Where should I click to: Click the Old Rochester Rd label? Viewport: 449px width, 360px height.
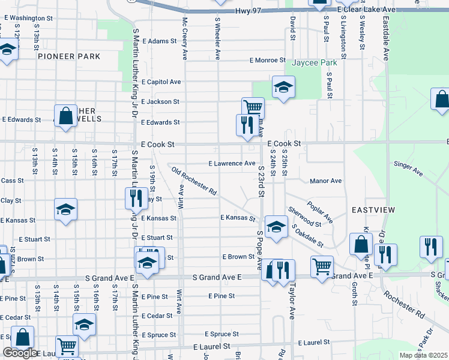194,182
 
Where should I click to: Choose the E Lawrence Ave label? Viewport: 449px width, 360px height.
232,163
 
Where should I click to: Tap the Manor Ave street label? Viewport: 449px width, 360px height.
325,181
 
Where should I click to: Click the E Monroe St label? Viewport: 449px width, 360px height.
268,60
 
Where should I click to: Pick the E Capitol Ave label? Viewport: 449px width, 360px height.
161,82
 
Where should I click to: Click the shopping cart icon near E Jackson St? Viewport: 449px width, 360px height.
253,107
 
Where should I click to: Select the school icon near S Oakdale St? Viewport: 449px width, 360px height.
276,227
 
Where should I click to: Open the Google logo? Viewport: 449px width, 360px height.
20,353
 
